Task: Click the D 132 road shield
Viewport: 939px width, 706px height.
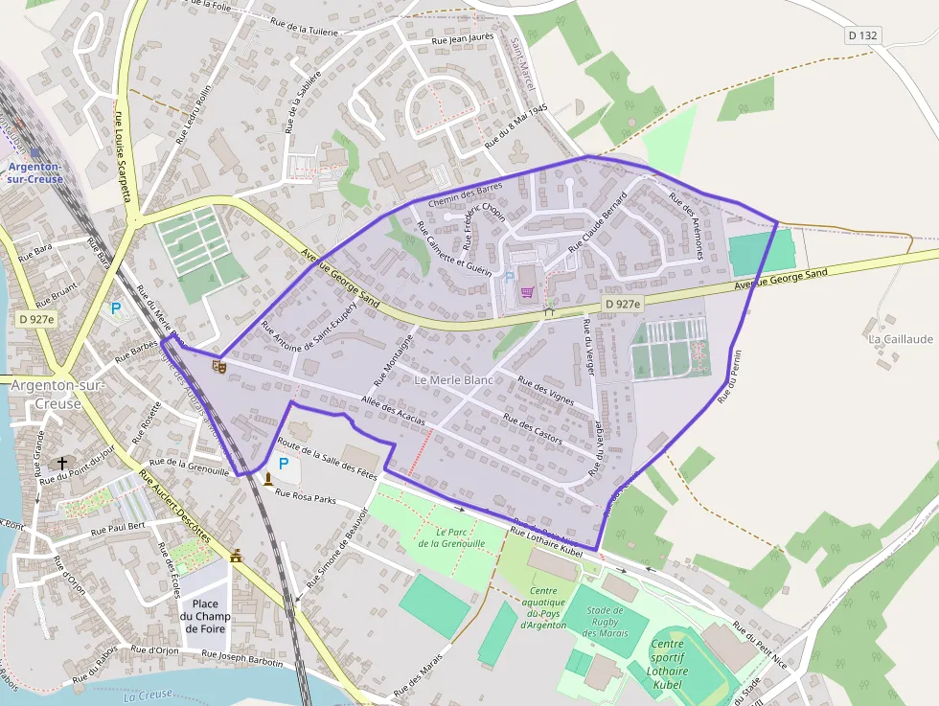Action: coord(862,35)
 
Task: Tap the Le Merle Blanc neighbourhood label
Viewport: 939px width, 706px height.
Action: coord(453,380)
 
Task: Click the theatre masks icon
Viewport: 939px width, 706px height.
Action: coord(219,365)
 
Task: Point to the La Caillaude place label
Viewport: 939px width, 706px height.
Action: coord(900,339)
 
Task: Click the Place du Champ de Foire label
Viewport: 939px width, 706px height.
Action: coord(205,616)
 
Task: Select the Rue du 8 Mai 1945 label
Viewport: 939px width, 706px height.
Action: coord(515,125)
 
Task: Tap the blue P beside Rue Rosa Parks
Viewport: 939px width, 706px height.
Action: coord(284,464)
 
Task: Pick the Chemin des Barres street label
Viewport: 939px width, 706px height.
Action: coord(466,194)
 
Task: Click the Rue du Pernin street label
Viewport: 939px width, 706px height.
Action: coord(731,375)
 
